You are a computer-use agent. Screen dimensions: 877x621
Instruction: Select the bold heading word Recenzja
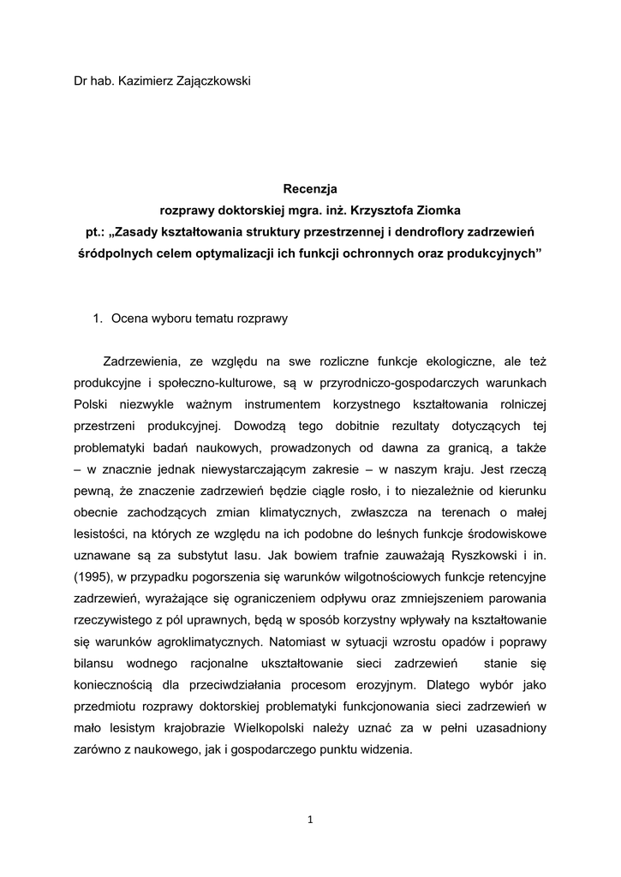[x=310, y=187]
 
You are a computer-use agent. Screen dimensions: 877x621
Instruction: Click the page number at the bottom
[x=310, y=820]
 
